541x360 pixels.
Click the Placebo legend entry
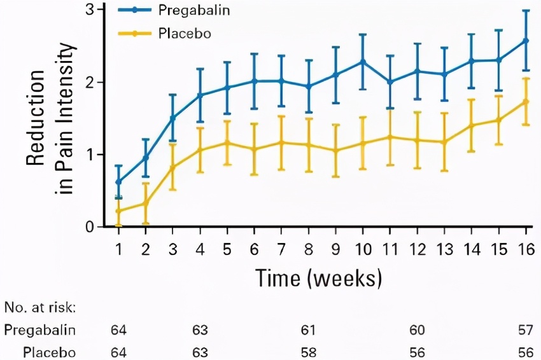point(180,32)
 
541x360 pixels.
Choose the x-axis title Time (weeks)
point(319,277)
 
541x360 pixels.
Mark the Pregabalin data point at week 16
point(526,41)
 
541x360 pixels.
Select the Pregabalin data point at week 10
point(363,62)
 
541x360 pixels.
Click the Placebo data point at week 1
point(118,211)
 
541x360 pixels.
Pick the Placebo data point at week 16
point(526,102)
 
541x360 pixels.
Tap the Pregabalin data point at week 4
point(200,95)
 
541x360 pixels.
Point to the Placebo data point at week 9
point(335,151)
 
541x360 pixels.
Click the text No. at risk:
point(39,308)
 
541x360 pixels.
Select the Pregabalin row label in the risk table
point(40,329)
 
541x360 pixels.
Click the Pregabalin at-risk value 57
point(526,329)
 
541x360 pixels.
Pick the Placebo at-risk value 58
point(309,352)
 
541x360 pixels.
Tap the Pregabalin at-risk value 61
point(309,329)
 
